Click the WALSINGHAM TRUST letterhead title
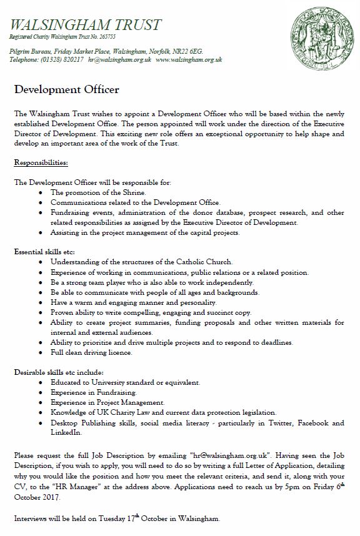click(86, 25)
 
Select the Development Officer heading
click(66, 89)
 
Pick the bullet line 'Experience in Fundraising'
click(90, 392)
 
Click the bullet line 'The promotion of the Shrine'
click(94, 192)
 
